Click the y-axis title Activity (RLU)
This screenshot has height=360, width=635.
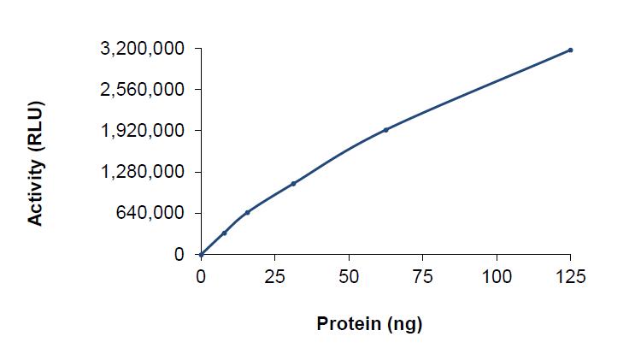click(35, 163)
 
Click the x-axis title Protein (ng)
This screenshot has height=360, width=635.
click(369, 324)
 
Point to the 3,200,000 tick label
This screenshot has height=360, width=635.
click(142, 49)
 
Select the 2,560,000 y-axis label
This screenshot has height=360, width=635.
click(142, 90)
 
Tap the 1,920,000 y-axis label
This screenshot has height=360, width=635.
click(142, 131)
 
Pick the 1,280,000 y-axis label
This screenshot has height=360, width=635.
click(142, 172)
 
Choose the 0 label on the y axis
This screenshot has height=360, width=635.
click(179, 254)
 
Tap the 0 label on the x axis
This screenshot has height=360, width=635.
click(201, 276)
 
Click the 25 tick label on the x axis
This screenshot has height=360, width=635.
click(274, 276)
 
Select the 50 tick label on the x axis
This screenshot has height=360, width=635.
click(349, 276)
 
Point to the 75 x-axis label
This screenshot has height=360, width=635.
click(422, 276)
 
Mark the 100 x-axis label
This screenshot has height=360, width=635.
click(497, 276)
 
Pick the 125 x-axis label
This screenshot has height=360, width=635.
click(570, 276)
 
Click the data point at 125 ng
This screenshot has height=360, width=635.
click(570, 50)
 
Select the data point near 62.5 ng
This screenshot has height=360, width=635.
click(385, 130)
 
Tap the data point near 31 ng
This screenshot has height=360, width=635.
click(293, 183)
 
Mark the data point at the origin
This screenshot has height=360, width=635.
click(201, 254)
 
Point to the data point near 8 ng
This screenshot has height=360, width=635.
click(224, 233)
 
